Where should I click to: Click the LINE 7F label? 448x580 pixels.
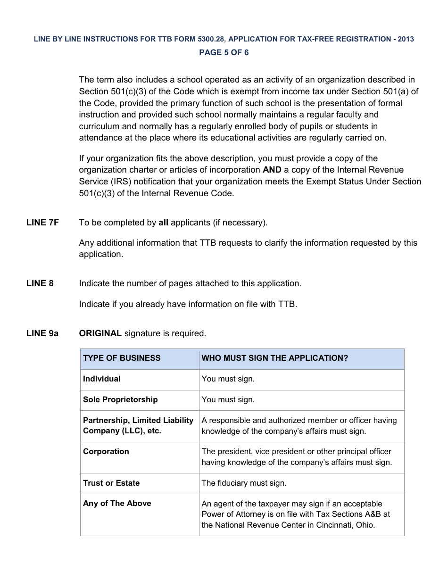[x=42, y=223]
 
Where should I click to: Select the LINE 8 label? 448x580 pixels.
[x=40, y=283]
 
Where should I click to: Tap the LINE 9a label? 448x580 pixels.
[x=42, y=333]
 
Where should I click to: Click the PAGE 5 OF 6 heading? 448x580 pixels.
[x=224, y=52]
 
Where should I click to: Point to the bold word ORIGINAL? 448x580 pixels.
[x=100, y=333]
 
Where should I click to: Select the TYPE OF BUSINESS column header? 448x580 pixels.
[x=122, y=358]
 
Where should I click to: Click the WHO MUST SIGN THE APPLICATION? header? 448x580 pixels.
[x=274, y=358]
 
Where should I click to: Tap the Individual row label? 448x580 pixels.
[x=102, y=379]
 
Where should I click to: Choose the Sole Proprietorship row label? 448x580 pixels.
[x=120, y=399]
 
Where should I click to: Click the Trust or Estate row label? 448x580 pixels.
[x=111, y=483]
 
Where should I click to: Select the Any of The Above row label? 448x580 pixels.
[x=117, y=503]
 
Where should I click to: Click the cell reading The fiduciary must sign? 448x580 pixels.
[x=244, y=483]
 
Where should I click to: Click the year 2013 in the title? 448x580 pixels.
[x=406, y=39]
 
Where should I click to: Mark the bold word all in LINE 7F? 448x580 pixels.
[x=163, y=223]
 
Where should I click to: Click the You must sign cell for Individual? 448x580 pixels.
[x=228, y=379]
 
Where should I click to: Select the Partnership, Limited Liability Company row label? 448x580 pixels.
[x=138, y=425]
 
